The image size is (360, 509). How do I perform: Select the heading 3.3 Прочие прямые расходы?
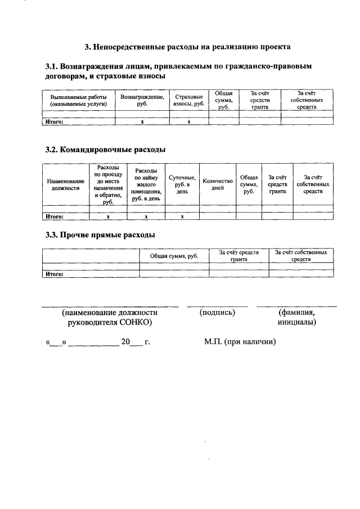click(100, 235)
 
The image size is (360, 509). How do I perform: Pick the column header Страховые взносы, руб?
click(188, 100)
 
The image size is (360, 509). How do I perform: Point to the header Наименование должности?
click(66, 185)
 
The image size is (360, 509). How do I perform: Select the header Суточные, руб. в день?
click(182, 185)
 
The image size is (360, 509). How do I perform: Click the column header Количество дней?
click(217, 185)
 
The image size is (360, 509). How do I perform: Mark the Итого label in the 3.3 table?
click(54, 274)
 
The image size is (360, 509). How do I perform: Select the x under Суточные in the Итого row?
click(182, 216)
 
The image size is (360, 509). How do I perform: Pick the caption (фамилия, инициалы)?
click(296, 318)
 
